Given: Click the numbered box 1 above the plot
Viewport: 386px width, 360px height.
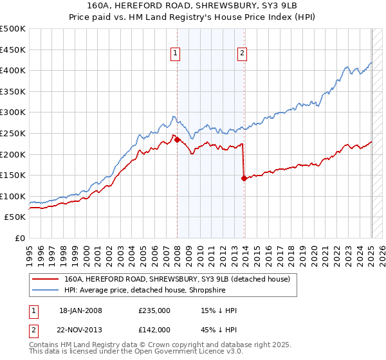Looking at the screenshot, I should tap(175, 53).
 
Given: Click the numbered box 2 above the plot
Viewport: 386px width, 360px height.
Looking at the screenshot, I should tap(242, 53).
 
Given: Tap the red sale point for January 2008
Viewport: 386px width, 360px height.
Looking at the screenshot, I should tap(178, 139).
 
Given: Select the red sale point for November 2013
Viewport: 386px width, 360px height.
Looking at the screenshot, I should tap(244, 179).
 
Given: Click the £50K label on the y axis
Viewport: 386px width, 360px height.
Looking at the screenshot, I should tap(15, 217).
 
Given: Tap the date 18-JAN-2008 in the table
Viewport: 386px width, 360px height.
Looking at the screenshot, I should tap(80, 310).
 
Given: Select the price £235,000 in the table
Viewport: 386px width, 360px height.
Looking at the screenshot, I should tap(154, 310).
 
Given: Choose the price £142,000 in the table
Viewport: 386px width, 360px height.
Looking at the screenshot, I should tap(154, 329).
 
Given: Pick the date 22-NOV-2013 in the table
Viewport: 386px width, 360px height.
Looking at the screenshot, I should tap(80, 329).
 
